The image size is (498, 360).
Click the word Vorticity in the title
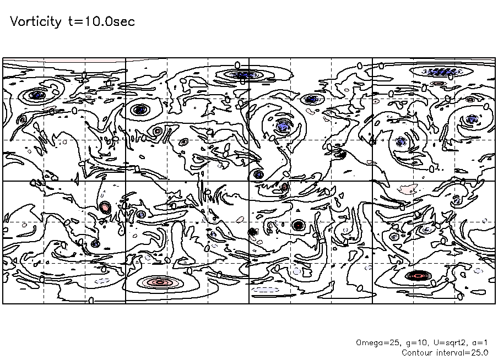(x=36, y=21)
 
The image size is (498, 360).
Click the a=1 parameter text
(x=480, y=343)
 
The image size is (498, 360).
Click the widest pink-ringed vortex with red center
(x=160, y=282)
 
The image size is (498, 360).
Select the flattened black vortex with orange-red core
(x=418, y=276)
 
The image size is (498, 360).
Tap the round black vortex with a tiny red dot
(x=299, y=225)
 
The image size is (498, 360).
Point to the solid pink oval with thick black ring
(x=105, y=208)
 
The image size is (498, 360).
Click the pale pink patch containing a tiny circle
(x=408, y=189)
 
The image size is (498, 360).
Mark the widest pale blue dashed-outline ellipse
(x=265, y=290)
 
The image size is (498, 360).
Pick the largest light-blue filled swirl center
(x=283, y=127)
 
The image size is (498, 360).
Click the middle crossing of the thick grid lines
(x=249, y=181)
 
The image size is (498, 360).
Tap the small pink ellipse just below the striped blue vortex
(x=439, y=84)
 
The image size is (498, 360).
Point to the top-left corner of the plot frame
(x=3, y=58)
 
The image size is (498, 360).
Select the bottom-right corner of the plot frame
(x=495, y=303)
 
